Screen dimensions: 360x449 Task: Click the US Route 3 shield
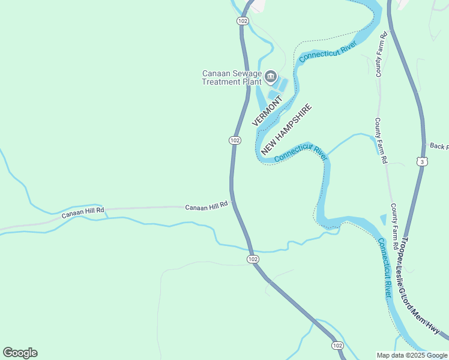coord(423,161)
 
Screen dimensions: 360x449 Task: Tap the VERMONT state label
coord(267,112)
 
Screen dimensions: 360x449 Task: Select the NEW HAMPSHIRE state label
coord(286,130)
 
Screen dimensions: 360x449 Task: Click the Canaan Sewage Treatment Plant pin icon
coord(270,76)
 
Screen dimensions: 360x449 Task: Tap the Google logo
coord(20,352)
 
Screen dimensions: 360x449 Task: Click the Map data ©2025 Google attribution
coord(412,355)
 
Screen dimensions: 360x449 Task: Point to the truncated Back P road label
coord(439,146)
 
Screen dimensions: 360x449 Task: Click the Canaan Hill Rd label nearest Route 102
coord(206,206)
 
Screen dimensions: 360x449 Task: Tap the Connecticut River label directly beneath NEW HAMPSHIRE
coord(300,153)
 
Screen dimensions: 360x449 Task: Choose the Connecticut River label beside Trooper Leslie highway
coord(384,268)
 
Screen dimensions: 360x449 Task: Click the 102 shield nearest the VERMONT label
coord(235,140)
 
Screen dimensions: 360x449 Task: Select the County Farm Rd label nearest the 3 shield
coord(381,142)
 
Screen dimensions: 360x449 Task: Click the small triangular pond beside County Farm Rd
coord(383,220)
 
